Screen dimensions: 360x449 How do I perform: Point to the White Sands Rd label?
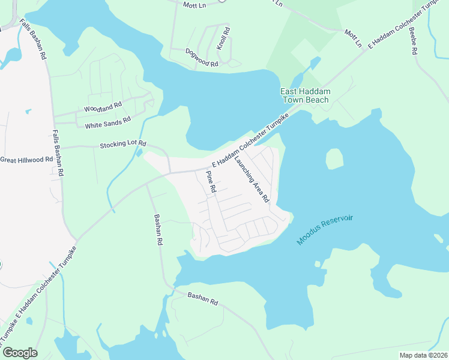[x=108, y=122]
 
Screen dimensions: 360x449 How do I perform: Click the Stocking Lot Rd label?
[x=123, y=145]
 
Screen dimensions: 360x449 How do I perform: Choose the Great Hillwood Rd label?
[x=26, y=160]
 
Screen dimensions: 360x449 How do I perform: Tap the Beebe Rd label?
[x=413, y=40]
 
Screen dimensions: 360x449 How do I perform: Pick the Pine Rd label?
[x=211, y=182]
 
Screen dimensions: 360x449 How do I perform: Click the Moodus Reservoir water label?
[x=325, y=230]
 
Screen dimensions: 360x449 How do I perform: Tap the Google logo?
[x=20, y=353]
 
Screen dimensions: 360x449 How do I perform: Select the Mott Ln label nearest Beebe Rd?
[x=353, y=38]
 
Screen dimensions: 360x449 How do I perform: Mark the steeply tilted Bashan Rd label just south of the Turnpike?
[x=158, y=230]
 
